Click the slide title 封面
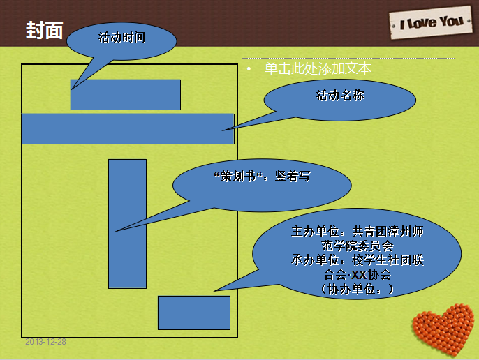[x=44, y=30]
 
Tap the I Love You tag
[x=431, y=22]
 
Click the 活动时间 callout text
[x=121, y=38]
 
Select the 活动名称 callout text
[x=340, y=96]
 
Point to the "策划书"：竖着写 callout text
[x=262, y=177]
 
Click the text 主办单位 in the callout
[x=316, y=232]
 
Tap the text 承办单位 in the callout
[x=316, y=260]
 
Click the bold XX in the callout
[x=359, y=275]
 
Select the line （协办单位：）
[x=358, y=289]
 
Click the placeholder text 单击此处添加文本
[x=318, y=68]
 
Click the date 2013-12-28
[x=45, y=342]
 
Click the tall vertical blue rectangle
[x=127, y=224]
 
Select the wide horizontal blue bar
[x=128, y=129]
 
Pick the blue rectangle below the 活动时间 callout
[x=126, y=95]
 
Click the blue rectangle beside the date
[x=194, y=313]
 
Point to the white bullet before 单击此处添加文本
[x=249, y=69]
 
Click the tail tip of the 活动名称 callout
[x=222, y=130]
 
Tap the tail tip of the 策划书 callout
[x=115, y=232]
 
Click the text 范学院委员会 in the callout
[x=358, y=246]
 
